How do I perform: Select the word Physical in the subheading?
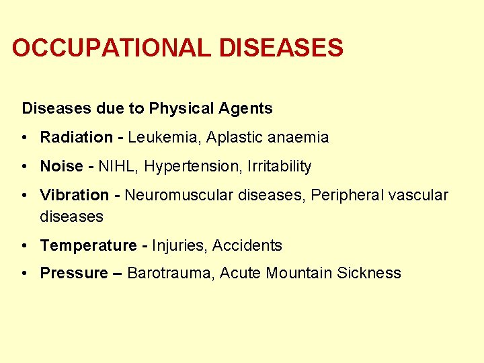pyautogui.click(x=180, y=108)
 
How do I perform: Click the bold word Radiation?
pyautogui.click(x=77, y=138)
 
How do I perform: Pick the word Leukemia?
pyautogui.click(x=164, y=138)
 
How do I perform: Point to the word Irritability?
pyautogui.click(x=280, y=166)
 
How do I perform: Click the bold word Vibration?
pyautogui.click(x=75, y=196)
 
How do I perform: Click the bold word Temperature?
pyautogui.click(x=88, y=246)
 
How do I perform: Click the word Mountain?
pyautogui.click(x=300, y=274)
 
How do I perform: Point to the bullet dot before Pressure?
pyautogui.click(x=24, y=273)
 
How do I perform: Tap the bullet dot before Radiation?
pyautogui.click(x=24, y=137)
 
